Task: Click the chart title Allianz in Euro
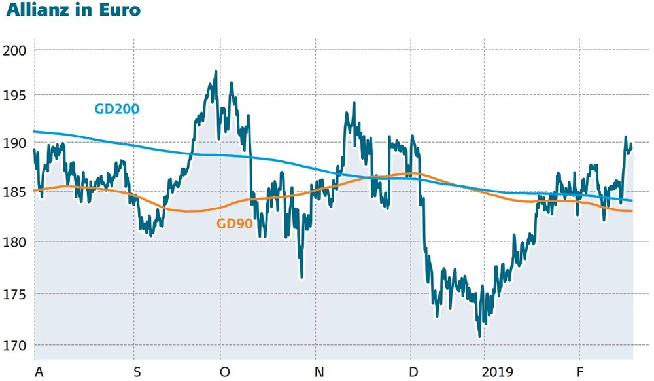[73, 12]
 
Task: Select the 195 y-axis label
[16, 96]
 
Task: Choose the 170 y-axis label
[16, 346]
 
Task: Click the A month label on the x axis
[39, 372]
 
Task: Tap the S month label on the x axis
[136, 372]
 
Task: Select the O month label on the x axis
[224, 372]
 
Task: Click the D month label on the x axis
[413, 372]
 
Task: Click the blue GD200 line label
[117, 109]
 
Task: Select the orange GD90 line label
[234, 223]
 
